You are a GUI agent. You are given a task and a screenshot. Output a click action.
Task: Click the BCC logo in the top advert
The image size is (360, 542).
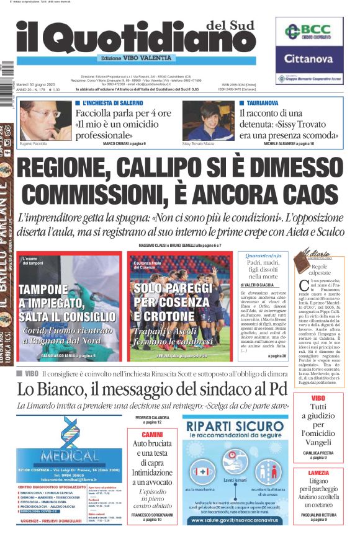(309, 33)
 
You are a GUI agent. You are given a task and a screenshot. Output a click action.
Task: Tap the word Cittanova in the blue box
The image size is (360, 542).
(309, 60)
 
